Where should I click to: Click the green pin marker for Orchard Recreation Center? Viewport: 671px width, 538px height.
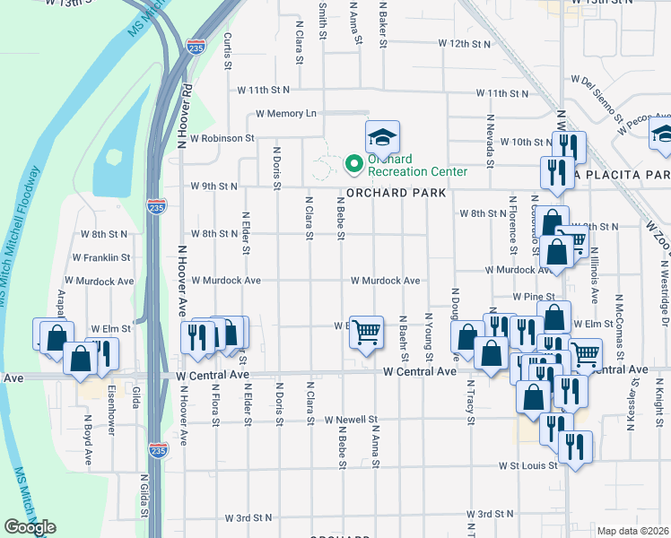tap(353, 163)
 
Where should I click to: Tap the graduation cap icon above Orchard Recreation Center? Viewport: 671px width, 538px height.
tap(382, 138)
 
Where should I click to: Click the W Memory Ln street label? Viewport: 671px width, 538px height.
tap(286, 114)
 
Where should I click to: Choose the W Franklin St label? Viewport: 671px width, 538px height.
tap(101, 257)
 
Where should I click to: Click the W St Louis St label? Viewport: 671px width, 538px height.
tap(529, 466)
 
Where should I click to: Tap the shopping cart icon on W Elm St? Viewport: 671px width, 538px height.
tap(366, 333)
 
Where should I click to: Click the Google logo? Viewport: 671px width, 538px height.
tap(30, 526)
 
